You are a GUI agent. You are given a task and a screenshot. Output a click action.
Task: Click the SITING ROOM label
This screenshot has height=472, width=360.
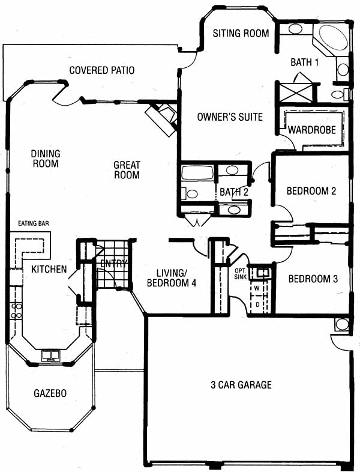[x=241, y=33]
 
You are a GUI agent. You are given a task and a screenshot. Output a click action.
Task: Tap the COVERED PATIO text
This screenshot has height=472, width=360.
[x=101, y=70]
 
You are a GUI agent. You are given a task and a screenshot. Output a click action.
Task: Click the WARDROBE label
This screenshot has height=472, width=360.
[x=312, y=130]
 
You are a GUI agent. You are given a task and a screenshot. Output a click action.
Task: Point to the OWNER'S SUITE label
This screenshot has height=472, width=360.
[x=230, y=116]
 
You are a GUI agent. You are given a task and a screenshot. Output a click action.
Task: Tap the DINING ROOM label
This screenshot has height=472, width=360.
[x=46, y=159]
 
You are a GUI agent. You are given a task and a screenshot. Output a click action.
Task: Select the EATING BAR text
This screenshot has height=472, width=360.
[x=34, y=223]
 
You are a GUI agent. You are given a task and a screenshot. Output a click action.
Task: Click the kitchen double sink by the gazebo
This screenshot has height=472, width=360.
[x=51, y=356]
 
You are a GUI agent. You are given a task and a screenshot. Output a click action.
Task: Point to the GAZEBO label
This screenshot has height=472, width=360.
[x=50, y=393]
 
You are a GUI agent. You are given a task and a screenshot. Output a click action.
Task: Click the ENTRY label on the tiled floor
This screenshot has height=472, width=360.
[x=113, y=264]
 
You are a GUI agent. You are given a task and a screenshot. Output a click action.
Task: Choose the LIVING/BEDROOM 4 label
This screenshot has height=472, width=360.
[x=172, y=278]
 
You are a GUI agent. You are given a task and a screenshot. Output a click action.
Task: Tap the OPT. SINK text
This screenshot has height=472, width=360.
[x=241, y=274]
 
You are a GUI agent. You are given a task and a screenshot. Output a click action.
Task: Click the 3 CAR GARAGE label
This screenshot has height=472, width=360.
[x=241, y=384]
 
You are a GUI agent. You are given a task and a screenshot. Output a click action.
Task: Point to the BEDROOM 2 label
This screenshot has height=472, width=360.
[x=311, y=191]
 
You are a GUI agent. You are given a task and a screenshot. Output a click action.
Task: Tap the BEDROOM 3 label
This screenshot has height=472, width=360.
[x=313, y=279]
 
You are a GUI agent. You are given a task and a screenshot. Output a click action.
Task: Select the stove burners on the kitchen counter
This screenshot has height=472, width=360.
[x=16, y=310]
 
